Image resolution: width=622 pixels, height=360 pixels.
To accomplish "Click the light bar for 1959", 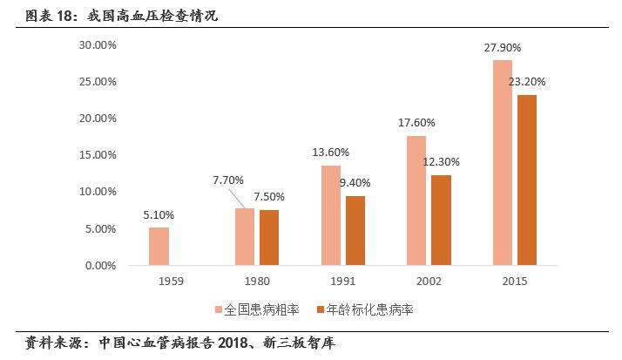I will coord(159,246).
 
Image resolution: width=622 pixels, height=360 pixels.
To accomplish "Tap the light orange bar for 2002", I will coord(416,200).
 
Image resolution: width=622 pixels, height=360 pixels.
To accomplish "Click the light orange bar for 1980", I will coord(245,236).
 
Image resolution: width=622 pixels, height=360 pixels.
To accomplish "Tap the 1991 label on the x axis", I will coord(342,282).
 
